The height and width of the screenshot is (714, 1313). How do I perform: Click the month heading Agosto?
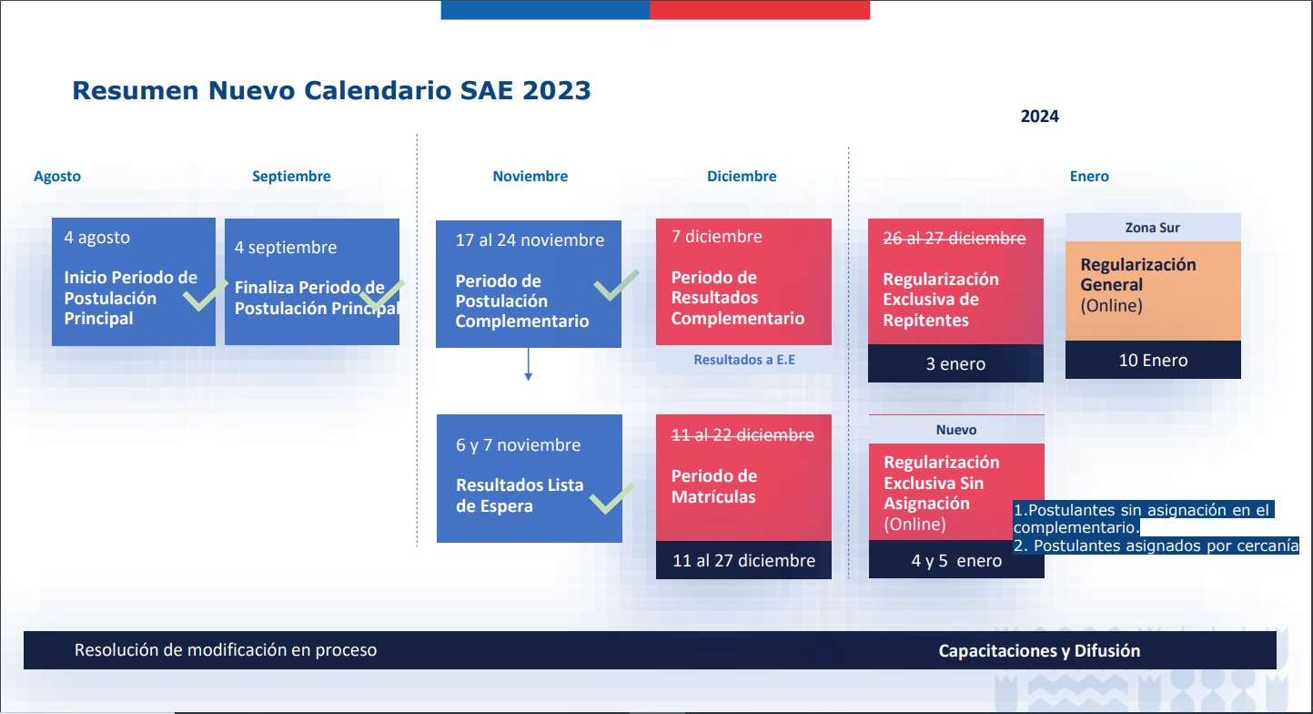[x=57, y=176]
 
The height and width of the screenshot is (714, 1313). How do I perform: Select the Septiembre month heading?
[x=291, y=176]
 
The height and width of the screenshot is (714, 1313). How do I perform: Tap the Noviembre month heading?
[x=530, y=176]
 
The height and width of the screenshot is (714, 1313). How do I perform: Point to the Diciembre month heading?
[x=742, y=176]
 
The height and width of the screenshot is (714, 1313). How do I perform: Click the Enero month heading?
[x=1089, y=176]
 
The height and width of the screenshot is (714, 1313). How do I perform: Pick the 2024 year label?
[x=1039, y=117]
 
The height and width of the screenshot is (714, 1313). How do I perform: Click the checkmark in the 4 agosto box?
[x=204, y=296]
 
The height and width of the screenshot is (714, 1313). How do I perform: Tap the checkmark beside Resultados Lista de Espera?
[x=611, y=499]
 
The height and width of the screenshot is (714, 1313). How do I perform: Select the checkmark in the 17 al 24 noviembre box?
[x=615, y=285]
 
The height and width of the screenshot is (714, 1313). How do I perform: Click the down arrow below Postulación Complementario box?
[x=528, y=364]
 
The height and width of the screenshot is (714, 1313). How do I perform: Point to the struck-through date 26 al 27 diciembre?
[x=954, y=239]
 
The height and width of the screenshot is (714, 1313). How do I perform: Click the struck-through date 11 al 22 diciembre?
[x=742, y=434]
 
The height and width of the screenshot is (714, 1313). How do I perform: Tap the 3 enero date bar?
[x=955, y=363]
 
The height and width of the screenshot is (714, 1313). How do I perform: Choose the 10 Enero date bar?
[x=1153, y=360]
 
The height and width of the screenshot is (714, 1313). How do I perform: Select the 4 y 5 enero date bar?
[x=956, y=560]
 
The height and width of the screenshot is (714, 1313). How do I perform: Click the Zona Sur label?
[x=1152, y=228]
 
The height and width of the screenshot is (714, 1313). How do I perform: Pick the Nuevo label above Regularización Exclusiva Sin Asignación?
[x=956, y=430]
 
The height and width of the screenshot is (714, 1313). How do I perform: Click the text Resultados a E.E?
[x=744, y=360]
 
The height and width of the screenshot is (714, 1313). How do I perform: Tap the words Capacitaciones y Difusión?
[x=1039, y=650]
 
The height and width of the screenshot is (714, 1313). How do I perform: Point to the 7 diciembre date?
[x=716, y=237]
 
